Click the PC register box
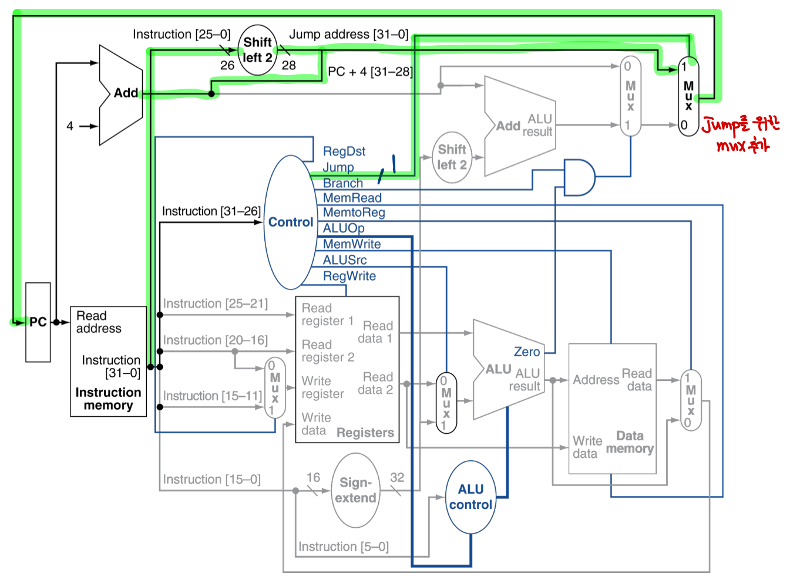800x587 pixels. pos(38,322)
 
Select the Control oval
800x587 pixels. pos(290,222)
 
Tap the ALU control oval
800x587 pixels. pos(470,497)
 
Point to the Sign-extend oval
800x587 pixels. pos(355,490)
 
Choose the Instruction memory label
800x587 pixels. pos(108,399)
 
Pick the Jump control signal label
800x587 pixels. pos(338,167)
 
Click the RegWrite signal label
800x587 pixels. pos(349,276)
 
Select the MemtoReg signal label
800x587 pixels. pos(354,212)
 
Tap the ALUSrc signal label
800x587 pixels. pos(345,260)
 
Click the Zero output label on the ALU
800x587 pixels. pos(526,352)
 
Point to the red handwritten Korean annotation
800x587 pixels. pos(741,134)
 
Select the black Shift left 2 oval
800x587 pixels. pos(258,50)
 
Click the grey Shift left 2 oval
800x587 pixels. pos(452,157)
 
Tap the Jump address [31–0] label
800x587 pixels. pos(348,35)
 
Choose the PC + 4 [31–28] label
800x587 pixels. pos(370,72)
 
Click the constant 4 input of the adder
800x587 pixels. pos(70,126)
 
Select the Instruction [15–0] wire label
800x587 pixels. pos(211,480)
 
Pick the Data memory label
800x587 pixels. pos(630,442)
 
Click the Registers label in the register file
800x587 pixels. pos(365,433)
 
